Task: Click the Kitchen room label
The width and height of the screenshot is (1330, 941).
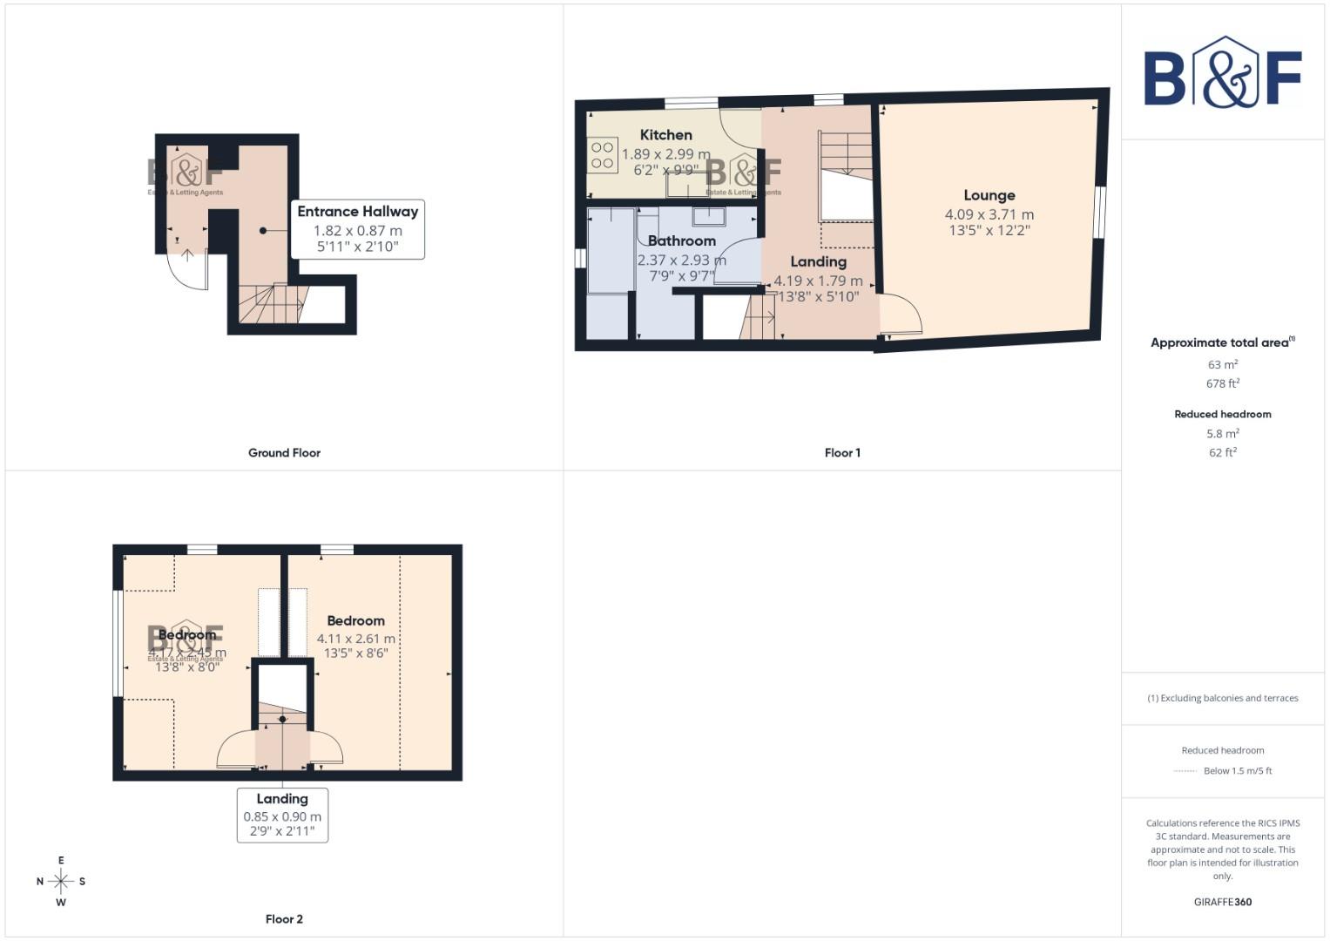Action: [665, 134]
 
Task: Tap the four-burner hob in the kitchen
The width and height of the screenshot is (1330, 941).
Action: [602, 155]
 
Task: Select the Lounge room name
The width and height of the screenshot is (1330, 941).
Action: [989, 195]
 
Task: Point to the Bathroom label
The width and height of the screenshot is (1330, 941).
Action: [681, 240]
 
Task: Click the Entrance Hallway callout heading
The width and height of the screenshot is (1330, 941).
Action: [357, 211]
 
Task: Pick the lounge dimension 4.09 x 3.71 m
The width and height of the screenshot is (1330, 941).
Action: [989, 214]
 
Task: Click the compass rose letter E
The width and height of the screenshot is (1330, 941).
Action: [61, 860]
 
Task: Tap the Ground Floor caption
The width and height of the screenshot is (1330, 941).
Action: [284, 452]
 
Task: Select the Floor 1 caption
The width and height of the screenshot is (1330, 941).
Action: [841, 452]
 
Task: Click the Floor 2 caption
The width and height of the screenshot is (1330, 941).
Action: [284, 918]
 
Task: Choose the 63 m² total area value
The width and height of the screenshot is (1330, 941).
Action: [1222, 364]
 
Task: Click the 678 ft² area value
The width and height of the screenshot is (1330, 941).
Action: [1222, 383]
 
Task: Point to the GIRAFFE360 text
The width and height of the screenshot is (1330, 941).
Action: [1222, 902]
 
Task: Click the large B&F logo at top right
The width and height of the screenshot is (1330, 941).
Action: [1222, 73]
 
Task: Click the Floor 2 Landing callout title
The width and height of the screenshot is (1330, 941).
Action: [282, 798]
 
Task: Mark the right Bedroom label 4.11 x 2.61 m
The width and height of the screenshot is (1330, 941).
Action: [355, 639]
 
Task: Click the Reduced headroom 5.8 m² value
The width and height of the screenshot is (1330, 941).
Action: [1222, 433]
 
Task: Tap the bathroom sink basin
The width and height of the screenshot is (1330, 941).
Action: [709, 216]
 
